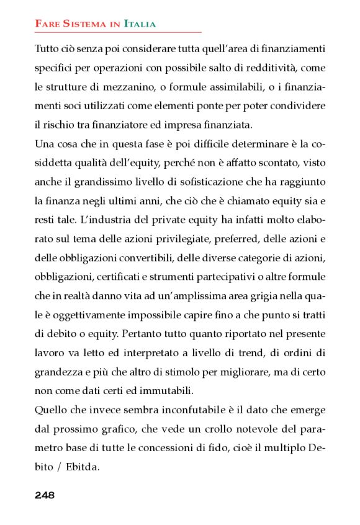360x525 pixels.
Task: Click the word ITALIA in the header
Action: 140,24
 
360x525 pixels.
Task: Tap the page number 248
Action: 45,495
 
